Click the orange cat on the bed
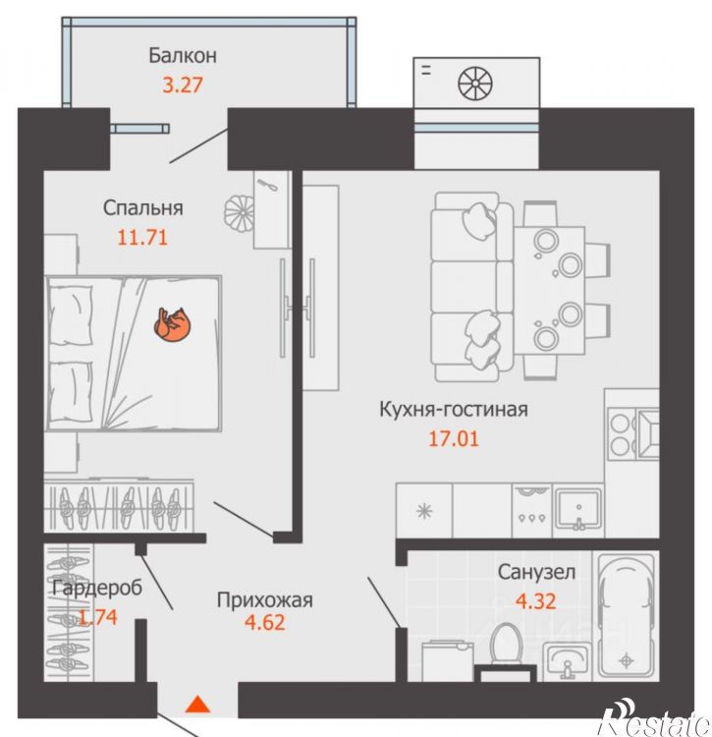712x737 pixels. point(173,323)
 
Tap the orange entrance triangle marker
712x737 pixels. point(197,705)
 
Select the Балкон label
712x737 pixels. point(183,56)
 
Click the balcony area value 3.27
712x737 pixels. point(183,85)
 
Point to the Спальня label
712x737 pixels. point(142,207)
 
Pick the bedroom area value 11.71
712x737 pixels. point(141,238)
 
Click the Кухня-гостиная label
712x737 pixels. point(453,410)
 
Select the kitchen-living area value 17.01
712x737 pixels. point(453,438)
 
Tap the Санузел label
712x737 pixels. point(536,573)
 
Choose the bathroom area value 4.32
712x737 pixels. point(536,601)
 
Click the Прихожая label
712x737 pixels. point(264,600)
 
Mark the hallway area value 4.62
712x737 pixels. point(264,623)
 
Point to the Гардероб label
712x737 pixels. point(97,588)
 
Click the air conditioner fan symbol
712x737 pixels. point(475,84)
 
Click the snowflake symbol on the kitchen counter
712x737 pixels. point(424,511)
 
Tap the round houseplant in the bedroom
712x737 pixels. point(240,212)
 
